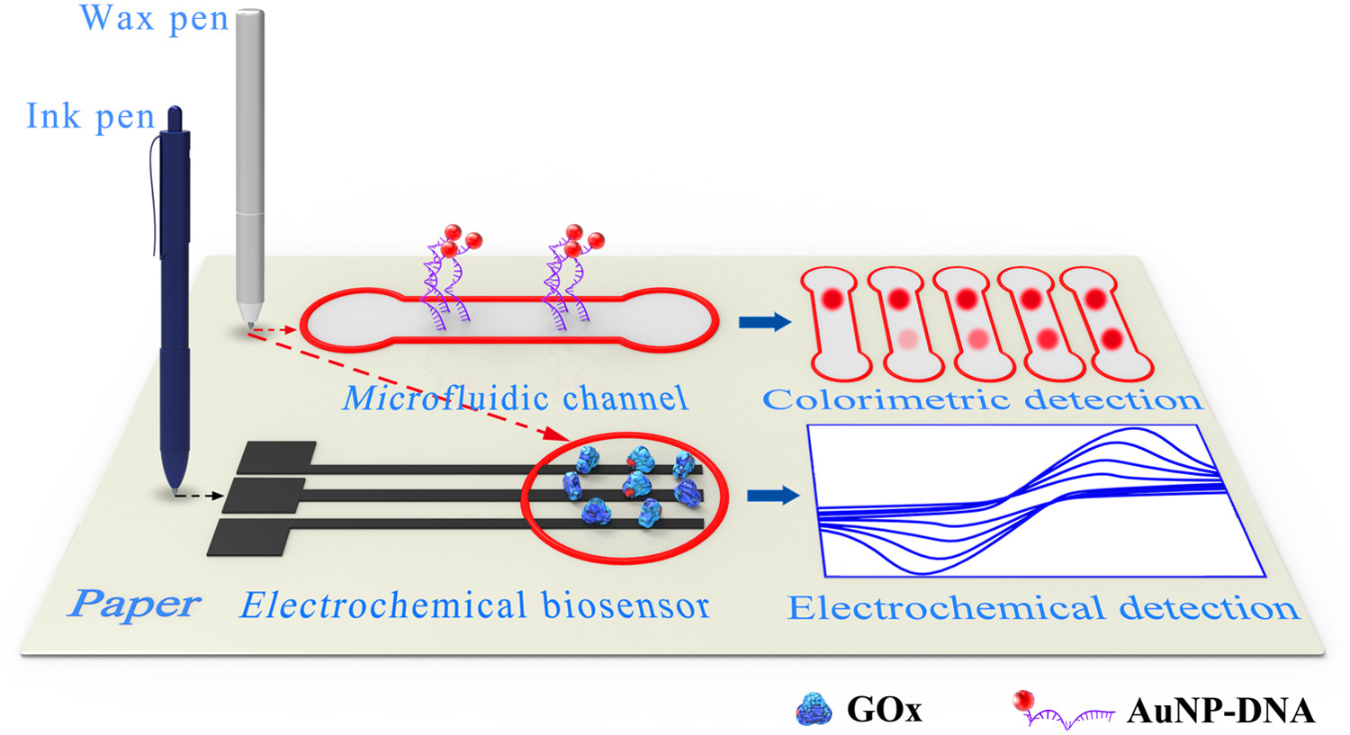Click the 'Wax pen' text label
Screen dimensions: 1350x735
click(154, 19)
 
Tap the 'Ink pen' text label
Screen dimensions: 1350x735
click(90, 116)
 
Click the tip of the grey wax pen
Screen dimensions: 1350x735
click(250, 327)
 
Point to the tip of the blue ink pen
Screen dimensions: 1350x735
click(175, 493)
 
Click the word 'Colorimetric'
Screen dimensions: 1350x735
click(886, 400)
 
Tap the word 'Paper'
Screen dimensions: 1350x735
click(133, 604)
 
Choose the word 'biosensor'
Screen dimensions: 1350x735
click(625, 605)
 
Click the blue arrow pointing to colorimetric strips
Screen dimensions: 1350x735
click(765, 322)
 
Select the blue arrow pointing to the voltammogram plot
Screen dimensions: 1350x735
click(773, 495)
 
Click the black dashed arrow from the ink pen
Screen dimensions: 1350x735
click(200, 496)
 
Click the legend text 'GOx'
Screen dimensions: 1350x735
click(885, 710)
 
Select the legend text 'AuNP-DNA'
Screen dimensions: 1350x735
click(1221, 711)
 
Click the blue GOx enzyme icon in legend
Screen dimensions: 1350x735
click(814, 709)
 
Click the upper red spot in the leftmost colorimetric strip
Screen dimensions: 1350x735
click(832, 298)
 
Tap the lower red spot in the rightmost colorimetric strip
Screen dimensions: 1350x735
click(1111, 340)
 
